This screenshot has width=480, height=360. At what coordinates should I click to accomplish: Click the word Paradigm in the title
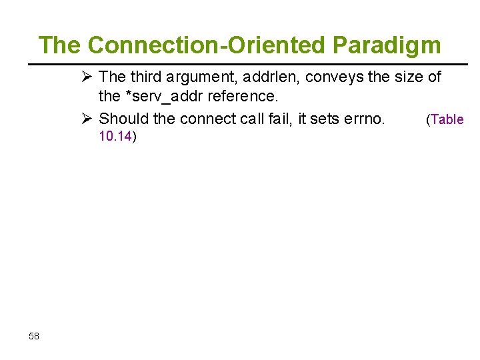387,45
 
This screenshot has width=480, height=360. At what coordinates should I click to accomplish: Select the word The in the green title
60,45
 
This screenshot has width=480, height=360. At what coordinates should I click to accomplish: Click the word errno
363,119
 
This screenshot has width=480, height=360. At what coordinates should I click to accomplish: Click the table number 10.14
115,137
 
